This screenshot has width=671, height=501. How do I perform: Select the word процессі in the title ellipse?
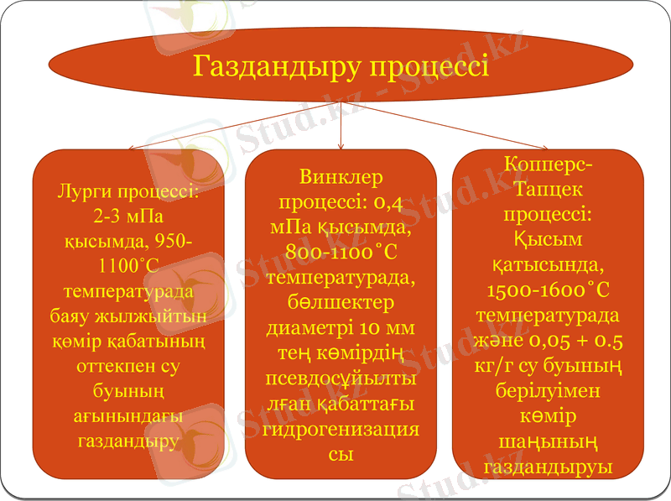coord(429,65)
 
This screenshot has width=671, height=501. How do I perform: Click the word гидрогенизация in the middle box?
coord(341,429)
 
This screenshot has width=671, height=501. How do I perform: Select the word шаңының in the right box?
coord(549,441)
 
